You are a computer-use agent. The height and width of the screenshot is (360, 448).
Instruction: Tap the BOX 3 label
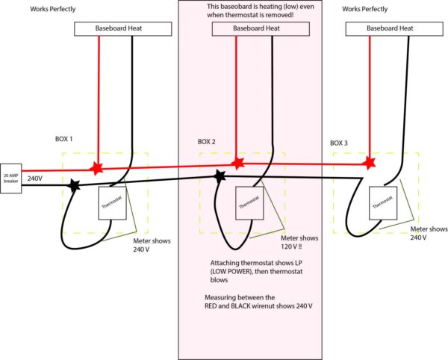pos(341,142)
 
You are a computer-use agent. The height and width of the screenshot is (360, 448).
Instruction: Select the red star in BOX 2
pos(237,162)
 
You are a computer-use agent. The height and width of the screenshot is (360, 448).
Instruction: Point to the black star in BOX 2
pos(220,176)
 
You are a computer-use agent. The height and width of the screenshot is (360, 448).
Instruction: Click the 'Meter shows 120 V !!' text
pos(300,242)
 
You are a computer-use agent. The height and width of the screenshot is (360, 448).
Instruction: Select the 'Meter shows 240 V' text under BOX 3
pos(429,233)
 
